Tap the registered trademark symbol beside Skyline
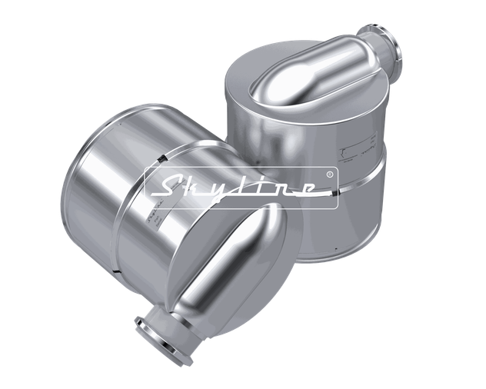point(329,175)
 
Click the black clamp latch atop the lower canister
point(161,158)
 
